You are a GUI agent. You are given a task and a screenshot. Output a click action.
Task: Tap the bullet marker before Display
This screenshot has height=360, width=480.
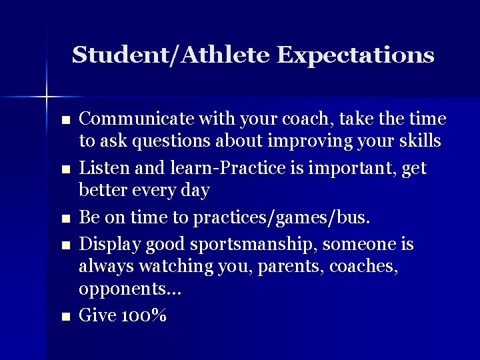65,245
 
